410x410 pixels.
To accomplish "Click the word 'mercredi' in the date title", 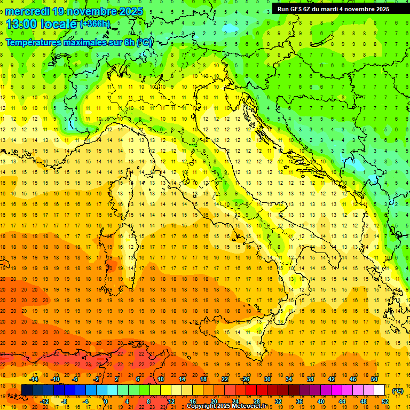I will [x=27, y=11].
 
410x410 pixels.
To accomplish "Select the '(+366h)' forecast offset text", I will [x=95, y=24].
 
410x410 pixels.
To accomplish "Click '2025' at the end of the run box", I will [x=381, y=9].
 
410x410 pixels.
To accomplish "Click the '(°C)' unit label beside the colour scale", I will [x=398, y=391].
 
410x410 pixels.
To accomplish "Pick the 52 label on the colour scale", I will [x=385, y=401].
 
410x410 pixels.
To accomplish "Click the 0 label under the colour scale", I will [x=106, y=401].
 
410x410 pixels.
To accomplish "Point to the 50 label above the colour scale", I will [x=374, y=379].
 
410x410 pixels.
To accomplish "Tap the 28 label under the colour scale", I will [x=256, y=401].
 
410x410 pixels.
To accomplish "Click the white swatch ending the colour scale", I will [x=380, y=390].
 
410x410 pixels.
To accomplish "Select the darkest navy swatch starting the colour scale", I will [x=27, y=390].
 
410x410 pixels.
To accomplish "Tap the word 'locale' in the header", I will [x=60, y=24].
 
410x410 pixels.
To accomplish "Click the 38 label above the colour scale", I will [x=310, y=379].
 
